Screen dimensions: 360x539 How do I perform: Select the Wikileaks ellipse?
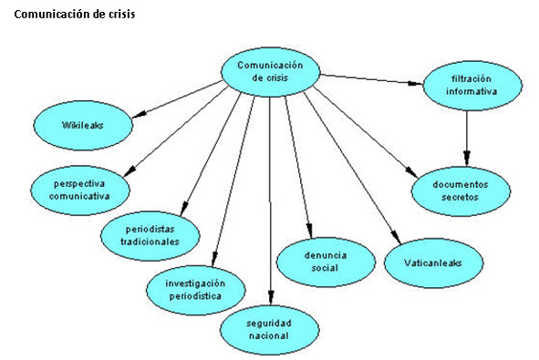[x=83, y=123]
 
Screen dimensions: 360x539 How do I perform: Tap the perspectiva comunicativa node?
[x=78, y=189]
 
